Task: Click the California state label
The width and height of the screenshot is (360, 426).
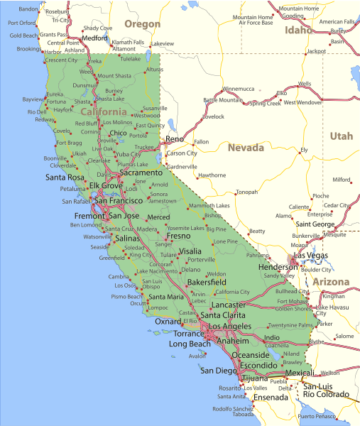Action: pyautogui.click(x=104, y=112)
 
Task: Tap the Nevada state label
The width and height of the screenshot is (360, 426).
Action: pyautogui.click(x=246, y=148)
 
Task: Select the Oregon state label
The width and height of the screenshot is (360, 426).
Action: pyautogui.click(x=142, y=24)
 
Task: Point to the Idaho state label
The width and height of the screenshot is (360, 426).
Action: pyautogui.click(x=298, y=31)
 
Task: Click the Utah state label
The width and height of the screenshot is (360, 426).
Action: pyautogui.click(x=341, y=136)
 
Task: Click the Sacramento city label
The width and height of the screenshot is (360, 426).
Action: pyautogui.click(x=141, y=173)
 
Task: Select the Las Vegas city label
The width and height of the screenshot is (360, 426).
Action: pyautogui.click(x=311, y=255)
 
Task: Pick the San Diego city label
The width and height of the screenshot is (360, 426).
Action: pyautogui.click(x=217, y=370)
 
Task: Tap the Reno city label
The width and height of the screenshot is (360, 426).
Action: pyautogui.click(x=175, y=139)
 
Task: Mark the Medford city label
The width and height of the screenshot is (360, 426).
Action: pyautogui.click(x=94, y=38)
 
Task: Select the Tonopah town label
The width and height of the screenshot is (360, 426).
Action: pyautogui.click(x=246, y=192)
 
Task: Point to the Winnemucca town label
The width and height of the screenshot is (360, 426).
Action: pyautogui.click(x=239, y=89)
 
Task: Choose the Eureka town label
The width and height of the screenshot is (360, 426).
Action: pyautogui.click(x=55, y=94)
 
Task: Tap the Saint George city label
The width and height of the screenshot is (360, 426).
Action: pyautogui.click(x=315, y=224)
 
